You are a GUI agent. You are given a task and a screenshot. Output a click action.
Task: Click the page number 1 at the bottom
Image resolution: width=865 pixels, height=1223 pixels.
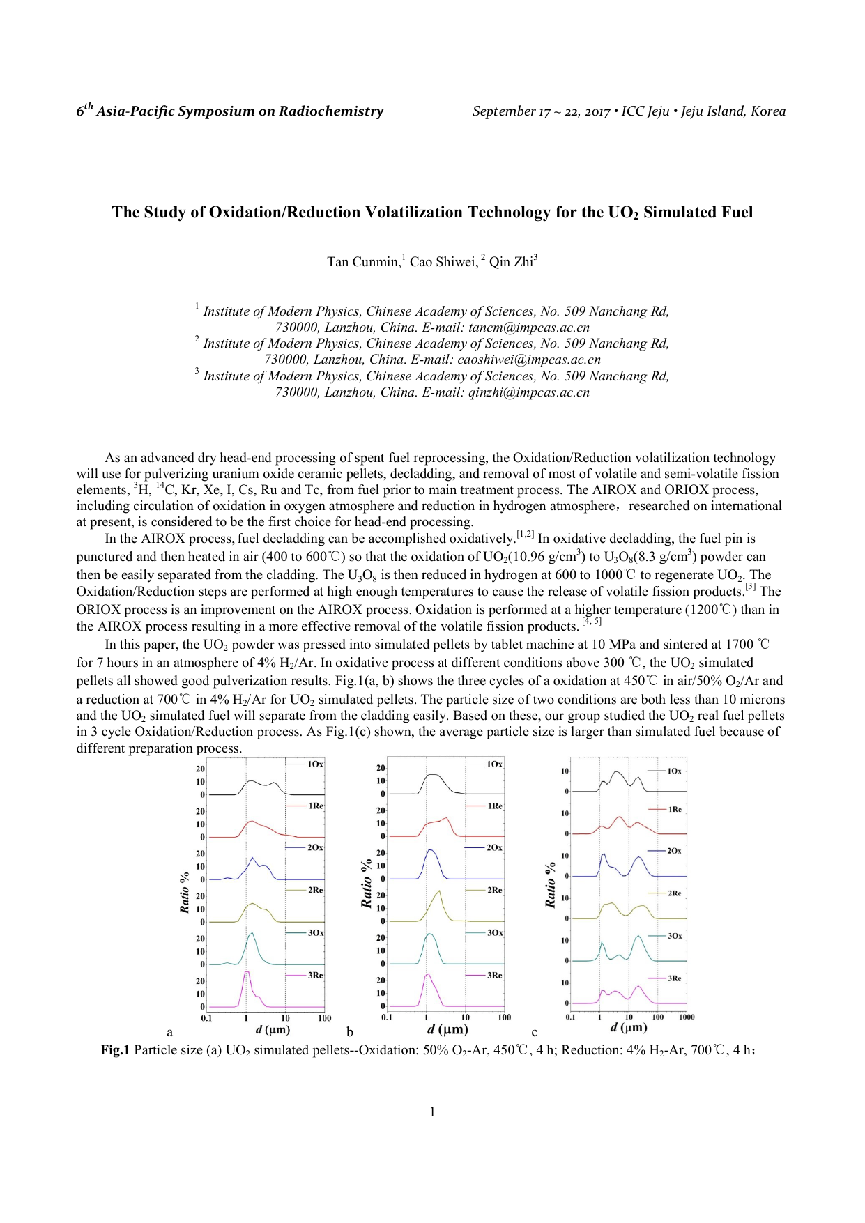[x=432, y=1112]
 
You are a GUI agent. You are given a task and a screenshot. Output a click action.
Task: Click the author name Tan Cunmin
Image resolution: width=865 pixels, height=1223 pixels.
[x=363, y=262]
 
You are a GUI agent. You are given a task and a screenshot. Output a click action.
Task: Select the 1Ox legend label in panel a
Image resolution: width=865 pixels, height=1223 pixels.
[x=316, y=764]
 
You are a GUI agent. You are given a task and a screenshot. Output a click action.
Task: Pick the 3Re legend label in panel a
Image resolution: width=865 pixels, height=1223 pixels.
[x=316, y=975]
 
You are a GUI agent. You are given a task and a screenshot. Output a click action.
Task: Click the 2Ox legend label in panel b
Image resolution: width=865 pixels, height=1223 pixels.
[x=494, y=847]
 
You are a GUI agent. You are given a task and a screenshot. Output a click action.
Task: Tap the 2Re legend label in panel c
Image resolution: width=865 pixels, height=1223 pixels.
[x=675, y=893]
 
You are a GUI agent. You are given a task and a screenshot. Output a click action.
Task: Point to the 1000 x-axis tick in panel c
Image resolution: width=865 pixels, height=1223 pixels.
[x=687, y=1017]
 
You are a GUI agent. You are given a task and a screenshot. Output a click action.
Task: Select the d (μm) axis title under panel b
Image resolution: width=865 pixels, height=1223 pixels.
[x=447, y=1029]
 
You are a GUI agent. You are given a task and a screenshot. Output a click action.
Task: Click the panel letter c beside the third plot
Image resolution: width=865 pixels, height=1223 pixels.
[x=535, y=1033]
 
